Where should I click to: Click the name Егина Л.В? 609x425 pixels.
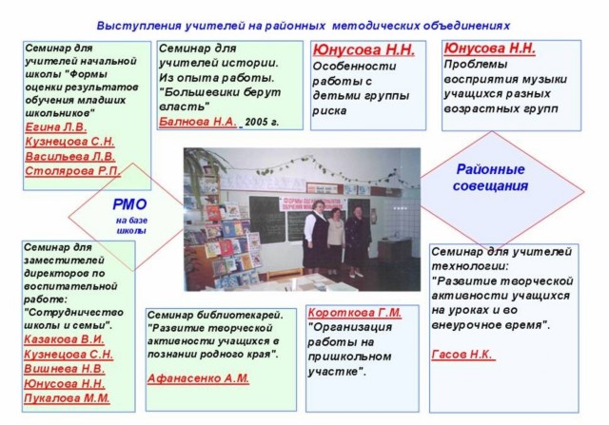coord(56,127)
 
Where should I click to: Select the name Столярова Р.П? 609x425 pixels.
coord(72,171)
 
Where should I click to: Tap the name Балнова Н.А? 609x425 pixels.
coord(198,122)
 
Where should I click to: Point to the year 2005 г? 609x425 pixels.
coord(262,123)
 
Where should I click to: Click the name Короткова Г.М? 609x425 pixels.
coord(355,313)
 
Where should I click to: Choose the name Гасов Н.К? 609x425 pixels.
coord(462,355)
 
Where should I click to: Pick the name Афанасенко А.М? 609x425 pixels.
coord(198,378)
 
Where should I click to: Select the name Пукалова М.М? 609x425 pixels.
coord(67,398)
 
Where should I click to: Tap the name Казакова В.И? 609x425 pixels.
coord(64,339)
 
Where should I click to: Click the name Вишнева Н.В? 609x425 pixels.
coord(65,369)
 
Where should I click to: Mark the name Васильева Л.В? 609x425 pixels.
coord(70,157)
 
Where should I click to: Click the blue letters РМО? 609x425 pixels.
coord(129,204)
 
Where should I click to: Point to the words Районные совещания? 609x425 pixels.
coord(490,178)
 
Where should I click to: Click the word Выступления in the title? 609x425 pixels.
coord(139,26)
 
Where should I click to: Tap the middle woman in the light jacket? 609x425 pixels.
coord(336,241)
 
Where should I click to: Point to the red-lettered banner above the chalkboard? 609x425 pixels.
coord(313,203)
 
